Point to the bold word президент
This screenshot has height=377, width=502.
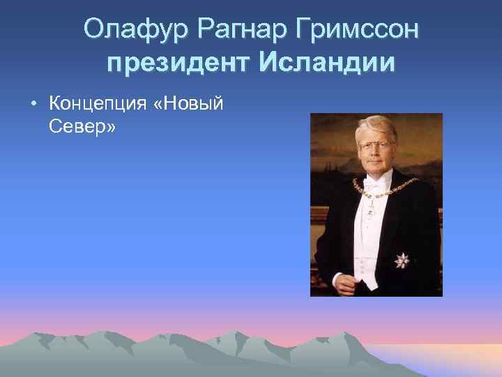pos(181,64)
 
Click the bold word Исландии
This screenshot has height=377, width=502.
pos(328,64)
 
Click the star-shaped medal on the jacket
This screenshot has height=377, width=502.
pos(402,260)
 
